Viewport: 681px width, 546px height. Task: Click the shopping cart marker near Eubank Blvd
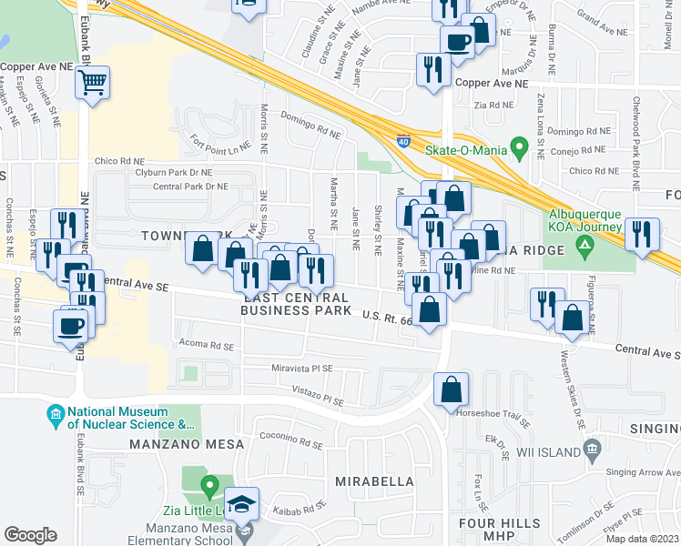pyautogui.click(x=92, y=83)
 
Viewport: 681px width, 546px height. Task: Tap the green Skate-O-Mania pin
pyautogui.click(x=519, y=146)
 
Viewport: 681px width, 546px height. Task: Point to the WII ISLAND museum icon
pyautogui.click(x=592, y=449)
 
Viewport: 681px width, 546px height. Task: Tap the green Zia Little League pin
pyautogui.click(x=208, y=484)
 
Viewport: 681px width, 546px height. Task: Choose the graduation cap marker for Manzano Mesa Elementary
pyautogui.click(x=242, y=504)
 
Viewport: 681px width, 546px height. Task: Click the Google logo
pyautogui.click(x=30, y=535)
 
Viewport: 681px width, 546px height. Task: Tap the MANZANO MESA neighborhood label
pyautogui.click(x=187, y=444)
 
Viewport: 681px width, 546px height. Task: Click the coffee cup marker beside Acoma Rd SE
pyautogui.click(x=70, y=328)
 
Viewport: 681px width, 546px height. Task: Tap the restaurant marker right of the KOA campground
pyautogui.click(x=642, y=235)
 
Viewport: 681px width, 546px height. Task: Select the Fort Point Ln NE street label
pyautogui.click(x=219, y=143)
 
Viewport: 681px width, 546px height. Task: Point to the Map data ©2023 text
pyautogui.click(x=642, y=538)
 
